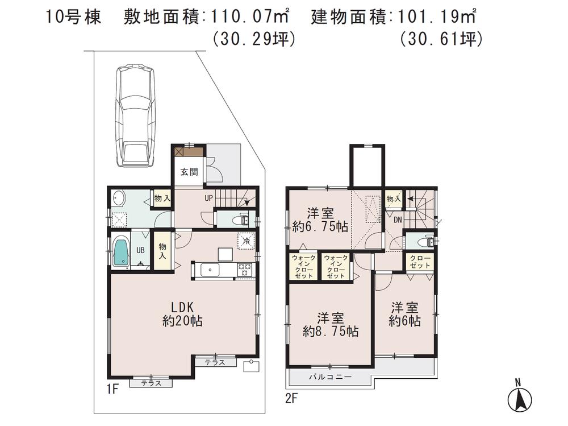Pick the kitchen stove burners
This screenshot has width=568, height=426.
tap(245, 269)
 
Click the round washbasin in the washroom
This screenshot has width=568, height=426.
tap(119, 198)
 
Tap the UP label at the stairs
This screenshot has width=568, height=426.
tap(210, 198)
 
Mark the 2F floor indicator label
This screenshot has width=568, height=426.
tap(291, 398)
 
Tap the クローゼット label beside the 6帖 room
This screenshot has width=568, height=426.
tap(420, 262)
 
